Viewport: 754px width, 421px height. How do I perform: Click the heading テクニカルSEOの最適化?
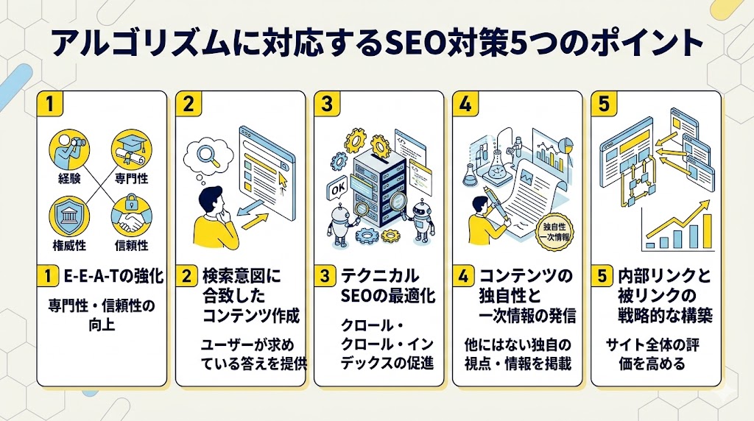(x=387, y=286)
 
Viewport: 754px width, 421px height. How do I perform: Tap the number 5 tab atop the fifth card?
(x=604, y=105)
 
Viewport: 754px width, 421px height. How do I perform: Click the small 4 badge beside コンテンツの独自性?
(x=463, y=277)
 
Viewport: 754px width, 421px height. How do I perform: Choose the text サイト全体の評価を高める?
(x=654, y=353)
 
